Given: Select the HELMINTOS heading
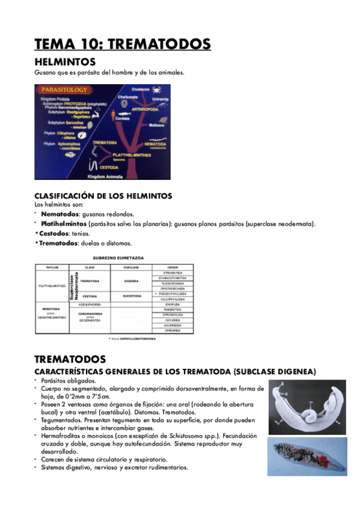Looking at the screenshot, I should (65, 62).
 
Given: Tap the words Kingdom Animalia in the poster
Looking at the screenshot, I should (106, 177).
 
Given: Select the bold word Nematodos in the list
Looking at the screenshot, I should (60, 214).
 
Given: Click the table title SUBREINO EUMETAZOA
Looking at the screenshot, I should (115, 257).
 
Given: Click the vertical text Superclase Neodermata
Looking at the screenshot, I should (73, 287).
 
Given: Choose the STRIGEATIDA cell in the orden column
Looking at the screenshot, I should (173, 272).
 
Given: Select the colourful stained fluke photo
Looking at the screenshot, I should (307, 456).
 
